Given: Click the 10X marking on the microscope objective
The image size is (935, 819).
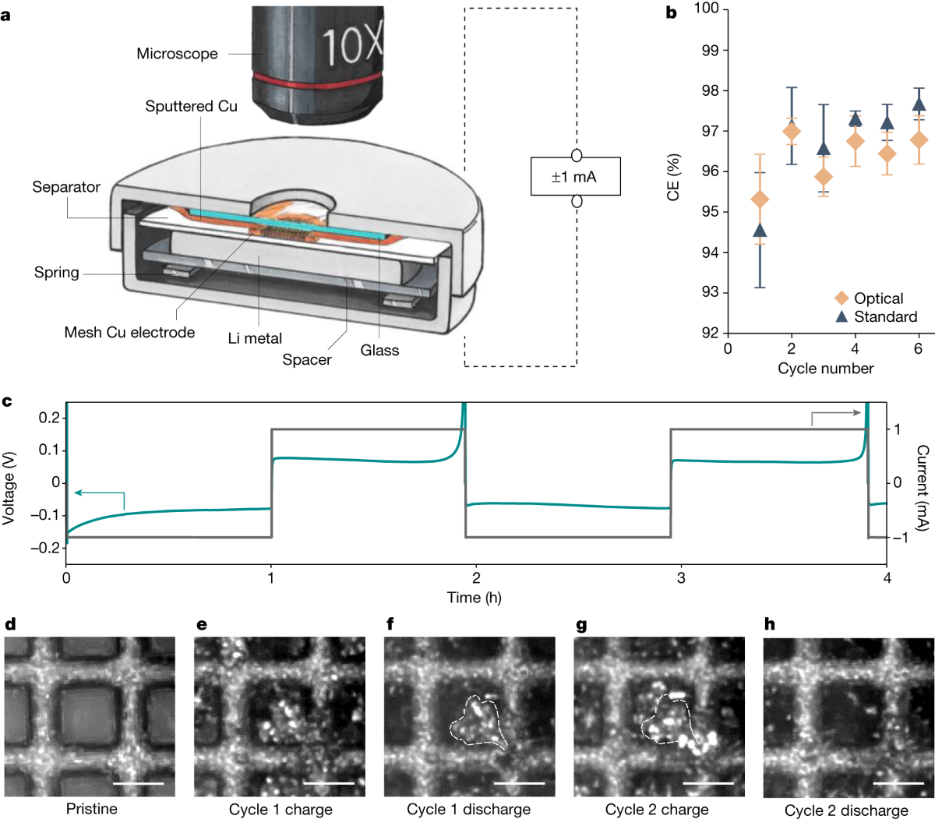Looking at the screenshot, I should [352, 45].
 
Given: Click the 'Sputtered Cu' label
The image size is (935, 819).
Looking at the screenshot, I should [191, 106].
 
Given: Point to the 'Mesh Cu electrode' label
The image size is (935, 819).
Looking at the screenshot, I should [129, 333].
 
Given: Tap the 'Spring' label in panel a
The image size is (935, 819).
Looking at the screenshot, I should [56, 273].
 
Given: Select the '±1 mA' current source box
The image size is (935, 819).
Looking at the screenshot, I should [575, 177].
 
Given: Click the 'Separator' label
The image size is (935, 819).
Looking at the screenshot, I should [66, 187].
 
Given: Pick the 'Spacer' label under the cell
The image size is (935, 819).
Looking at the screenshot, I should [307, 360].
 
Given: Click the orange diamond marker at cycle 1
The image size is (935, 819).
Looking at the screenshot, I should [760, 199].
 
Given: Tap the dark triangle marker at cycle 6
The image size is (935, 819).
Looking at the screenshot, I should [919, 104].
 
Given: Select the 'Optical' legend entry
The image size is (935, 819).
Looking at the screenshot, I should [878, 298].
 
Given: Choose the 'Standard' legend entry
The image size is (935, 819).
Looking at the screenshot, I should [885, 316].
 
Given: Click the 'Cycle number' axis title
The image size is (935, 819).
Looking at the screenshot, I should [826, 368].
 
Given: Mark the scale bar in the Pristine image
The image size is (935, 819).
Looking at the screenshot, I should [139, 782].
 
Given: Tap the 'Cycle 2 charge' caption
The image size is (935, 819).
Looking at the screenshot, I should [657, 810].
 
